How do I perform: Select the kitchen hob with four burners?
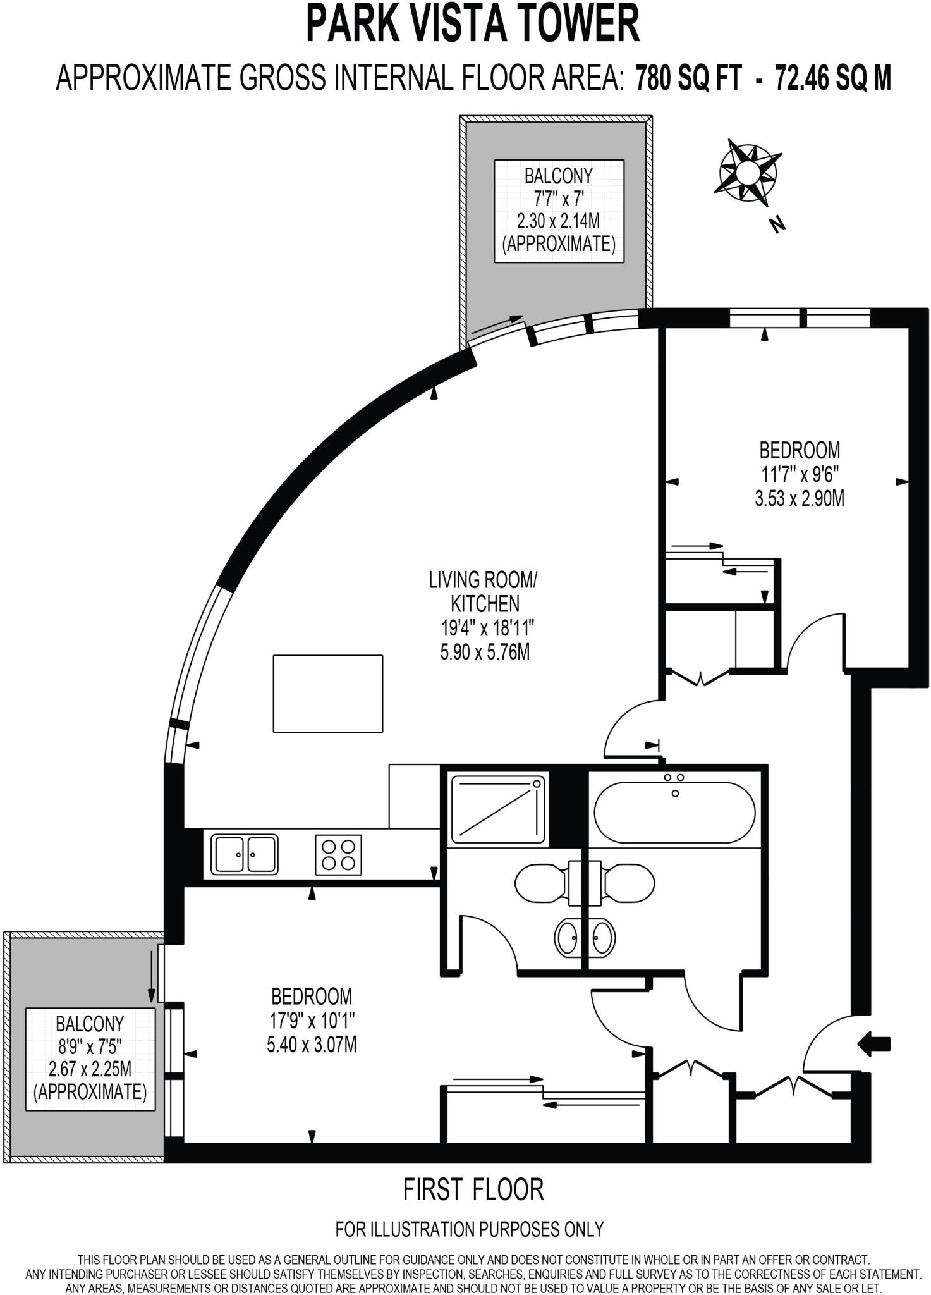(338, 855)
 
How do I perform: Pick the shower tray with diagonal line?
(497, 809)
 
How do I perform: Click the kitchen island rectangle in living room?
(327, 694)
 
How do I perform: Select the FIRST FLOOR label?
(473, 1189)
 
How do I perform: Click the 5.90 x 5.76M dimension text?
(485, 652)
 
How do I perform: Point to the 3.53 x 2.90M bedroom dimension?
(800, 499)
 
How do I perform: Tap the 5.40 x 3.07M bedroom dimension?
(312, 1045)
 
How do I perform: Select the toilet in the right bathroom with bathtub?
(629, 883)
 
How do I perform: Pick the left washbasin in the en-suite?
(566, 937)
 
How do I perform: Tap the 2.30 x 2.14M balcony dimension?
(558, 221)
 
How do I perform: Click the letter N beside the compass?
(777, 224)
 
